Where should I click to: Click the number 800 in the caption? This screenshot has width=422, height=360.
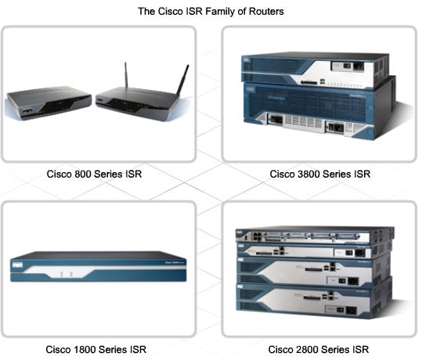82,174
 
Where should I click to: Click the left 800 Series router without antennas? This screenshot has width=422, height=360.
49,103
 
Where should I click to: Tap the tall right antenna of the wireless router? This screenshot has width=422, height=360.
182,80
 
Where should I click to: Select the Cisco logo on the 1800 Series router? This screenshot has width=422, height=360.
17,265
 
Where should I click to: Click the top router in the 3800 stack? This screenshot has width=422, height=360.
315,70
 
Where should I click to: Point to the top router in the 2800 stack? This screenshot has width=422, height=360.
315,236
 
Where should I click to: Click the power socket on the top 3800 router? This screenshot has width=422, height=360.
359,66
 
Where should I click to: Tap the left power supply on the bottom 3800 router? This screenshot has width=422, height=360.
276,119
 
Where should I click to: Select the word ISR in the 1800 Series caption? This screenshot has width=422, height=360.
138,350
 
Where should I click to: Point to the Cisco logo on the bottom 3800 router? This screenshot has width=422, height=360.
250,89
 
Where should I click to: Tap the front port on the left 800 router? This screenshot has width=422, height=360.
27,111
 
